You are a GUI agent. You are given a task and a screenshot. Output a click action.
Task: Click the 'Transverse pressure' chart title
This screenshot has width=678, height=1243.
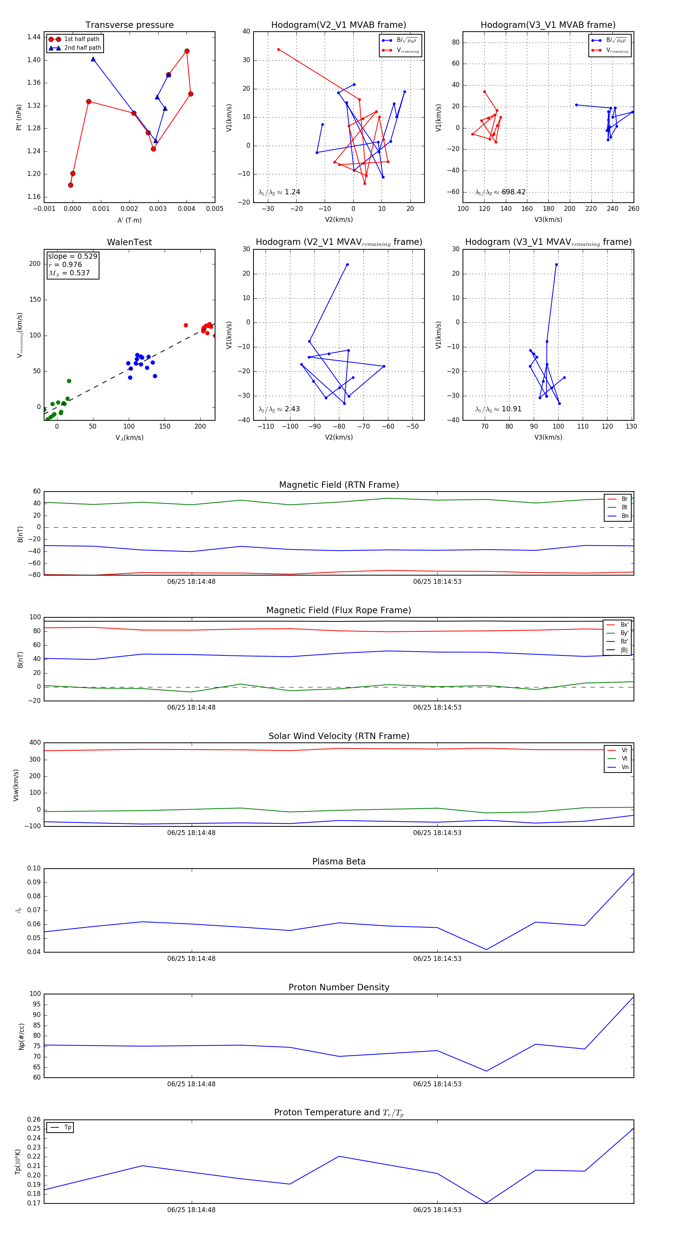tap(129, 25)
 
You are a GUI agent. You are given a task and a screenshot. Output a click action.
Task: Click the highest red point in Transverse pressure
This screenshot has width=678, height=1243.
tap(187, 51)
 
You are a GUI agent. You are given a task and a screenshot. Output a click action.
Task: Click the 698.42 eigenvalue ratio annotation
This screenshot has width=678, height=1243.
tap(513, 192)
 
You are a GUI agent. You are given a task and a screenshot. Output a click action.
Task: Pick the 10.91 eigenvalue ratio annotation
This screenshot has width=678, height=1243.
tap(511, 409)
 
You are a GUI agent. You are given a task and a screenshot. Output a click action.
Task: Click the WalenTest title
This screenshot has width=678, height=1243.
tap(129, 242)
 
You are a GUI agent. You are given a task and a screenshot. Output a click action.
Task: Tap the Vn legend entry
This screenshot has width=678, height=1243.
tap(625, 767)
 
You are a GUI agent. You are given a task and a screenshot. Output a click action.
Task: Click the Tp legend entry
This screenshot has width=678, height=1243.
tap(67, 1128)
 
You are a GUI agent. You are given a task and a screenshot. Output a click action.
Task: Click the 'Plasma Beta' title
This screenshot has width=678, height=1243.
tap(339, 862)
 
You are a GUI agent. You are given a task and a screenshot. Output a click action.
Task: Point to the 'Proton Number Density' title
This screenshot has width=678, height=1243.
tap(339, 987)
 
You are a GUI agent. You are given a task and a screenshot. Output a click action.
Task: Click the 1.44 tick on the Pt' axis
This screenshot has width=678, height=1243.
tap(34, 37)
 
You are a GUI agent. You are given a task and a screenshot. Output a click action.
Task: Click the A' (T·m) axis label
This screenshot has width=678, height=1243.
tap(129, 220)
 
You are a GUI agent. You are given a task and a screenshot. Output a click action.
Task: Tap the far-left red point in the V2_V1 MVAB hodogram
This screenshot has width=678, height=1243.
tap(278, 50)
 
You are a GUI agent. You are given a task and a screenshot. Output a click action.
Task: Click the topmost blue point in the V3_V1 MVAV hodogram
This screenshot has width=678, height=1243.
tap(556, 265)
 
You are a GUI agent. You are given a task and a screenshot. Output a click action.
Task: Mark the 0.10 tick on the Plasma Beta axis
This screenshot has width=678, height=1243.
tap(34, 869)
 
